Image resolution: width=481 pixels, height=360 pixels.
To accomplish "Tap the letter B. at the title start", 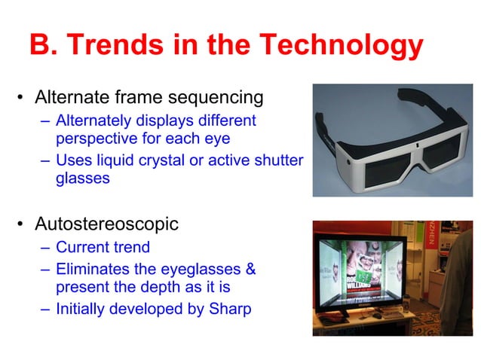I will [x=44, y=45].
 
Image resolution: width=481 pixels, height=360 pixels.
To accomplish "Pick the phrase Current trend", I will [x=103, y=247].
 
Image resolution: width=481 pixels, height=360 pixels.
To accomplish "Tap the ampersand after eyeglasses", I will [x=250, y=269].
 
